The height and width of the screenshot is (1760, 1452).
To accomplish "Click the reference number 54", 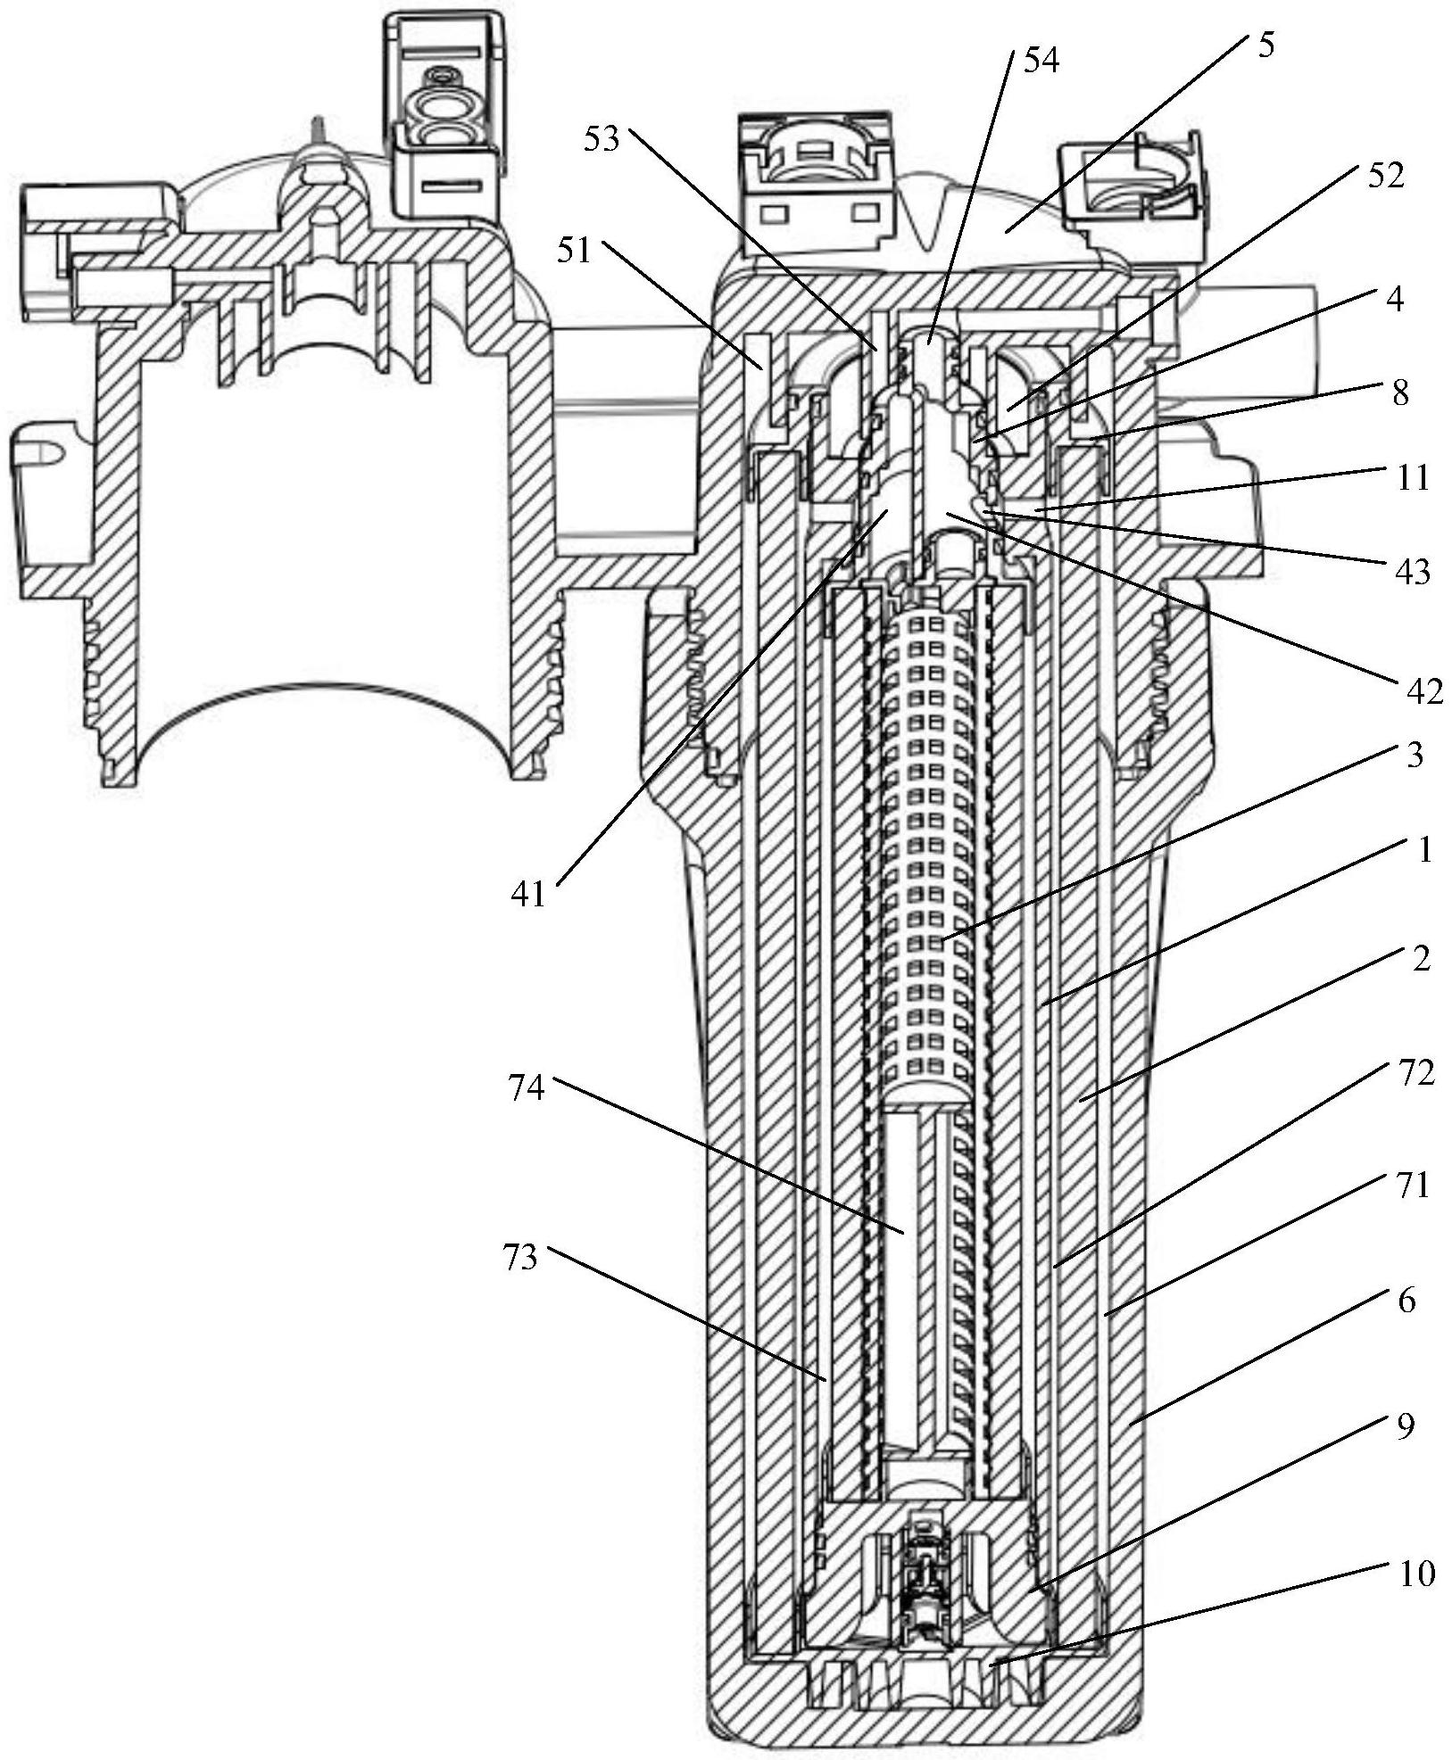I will (1040, 62).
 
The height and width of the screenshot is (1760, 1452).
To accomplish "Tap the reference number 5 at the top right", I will (1265, 45).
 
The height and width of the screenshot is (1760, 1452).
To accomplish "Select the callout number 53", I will (602, 139).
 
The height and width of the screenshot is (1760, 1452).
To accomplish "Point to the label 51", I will (575, 251).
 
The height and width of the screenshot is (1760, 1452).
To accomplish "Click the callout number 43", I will (1412, 570).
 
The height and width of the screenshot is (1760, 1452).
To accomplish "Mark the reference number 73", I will (521, 1258).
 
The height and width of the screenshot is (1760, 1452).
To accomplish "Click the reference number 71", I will (1413, 1186).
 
